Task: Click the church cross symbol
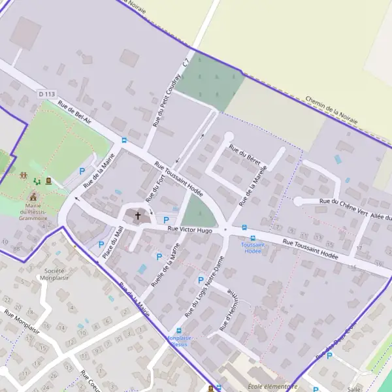coord(138,215)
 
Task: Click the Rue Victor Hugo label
coord(190,229)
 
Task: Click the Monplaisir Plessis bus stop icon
coord(178,331)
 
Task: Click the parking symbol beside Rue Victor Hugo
coord(166,220)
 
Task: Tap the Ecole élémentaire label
coord(268,386)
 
